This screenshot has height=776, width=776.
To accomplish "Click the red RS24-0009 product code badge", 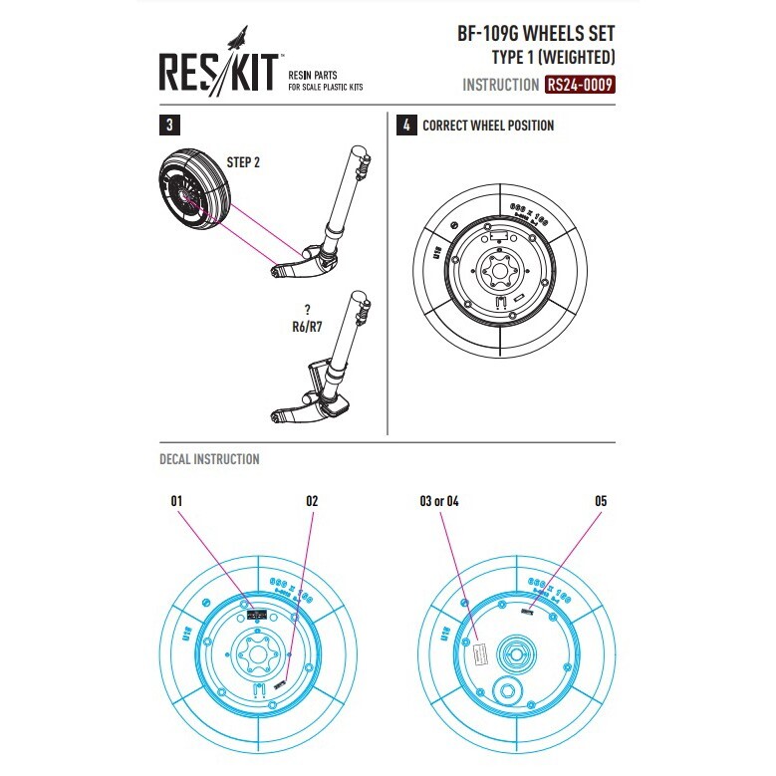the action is click(580, 85).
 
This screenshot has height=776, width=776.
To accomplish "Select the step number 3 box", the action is click(171, 126).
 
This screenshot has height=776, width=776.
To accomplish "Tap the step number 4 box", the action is click(405, 126).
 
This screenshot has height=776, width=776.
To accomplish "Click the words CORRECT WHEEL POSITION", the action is click(488, 126).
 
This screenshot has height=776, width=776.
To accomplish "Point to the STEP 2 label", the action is click(243, 161).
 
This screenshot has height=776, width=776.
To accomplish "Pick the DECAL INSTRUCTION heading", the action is click(209, 459).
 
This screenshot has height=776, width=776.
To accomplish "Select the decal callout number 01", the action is click(178, 501).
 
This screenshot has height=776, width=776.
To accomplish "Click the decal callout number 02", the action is click(312, 501).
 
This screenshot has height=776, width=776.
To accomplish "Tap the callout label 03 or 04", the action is click(439, 501).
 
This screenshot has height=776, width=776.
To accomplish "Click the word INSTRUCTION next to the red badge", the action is click(500, 86).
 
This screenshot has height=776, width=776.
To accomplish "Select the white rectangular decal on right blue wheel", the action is click(477, 653).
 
